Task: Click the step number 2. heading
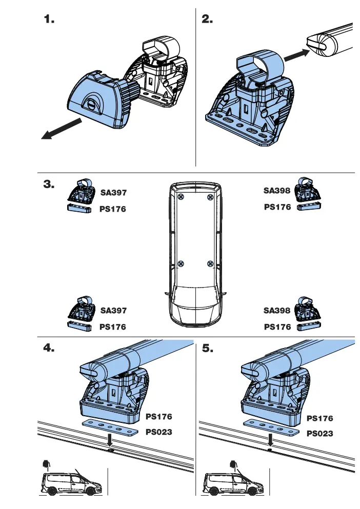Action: pos(207,19)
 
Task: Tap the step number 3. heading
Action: pos(49,185)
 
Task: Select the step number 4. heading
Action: pos(49,348)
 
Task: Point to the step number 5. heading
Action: pos(208,348)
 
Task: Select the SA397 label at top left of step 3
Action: pos(113,193)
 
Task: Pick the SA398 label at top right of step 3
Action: pos(277,191)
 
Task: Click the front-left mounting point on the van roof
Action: pos(181,263)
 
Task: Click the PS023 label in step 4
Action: pos(159,432)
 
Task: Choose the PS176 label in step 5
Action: pos(320,419)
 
